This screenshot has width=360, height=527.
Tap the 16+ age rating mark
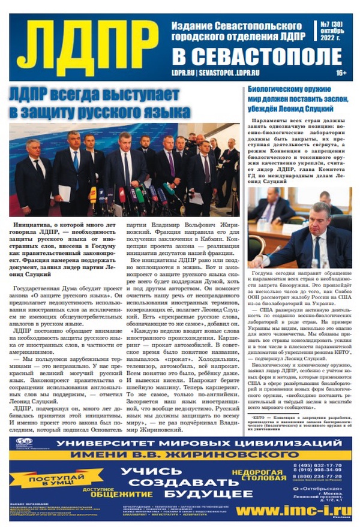click(x=341, y=72)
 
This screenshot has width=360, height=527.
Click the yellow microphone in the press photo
click(x=94, y=194)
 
